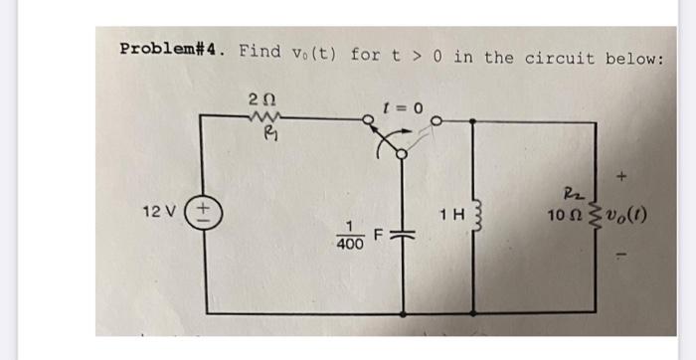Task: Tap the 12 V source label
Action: click(x=161, y=212)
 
